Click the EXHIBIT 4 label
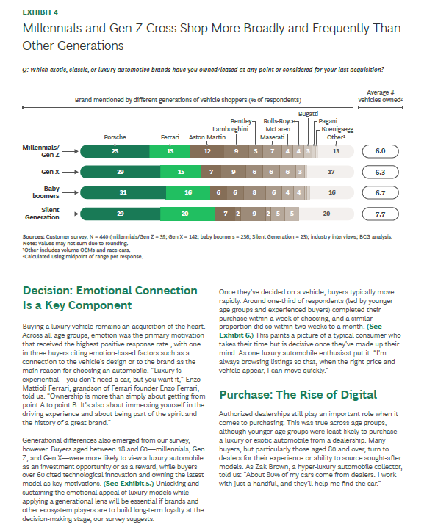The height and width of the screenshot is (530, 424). click(40, 12)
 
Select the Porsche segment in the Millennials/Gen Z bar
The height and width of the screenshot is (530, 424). click(115, 151)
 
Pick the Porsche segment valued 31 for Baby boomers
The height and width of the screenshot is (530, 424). click(123, 192)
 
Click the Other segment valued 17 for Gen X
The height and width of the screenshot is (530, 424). click(331, 172)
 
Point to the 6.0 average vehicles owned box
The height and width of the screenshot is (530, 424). click(381, 151)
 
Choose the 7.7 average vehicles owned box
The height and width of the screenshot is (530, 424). click(381, 214)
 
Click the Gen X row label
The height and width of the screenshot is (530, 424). click(50, 172)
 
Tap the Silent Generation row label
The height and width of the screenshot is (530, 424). click(42, 214)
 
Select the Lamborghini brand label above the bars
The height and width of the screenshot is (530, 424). click(231, 129)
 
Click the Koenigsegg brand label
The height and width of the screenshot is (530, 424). click(337, 129)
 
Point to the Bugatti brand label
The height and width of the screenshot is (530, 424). click(308, 114)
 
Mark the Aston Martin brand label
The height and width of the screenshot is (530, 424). click(207, 137)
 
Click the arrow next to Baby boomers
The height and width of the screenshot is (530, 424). click(71, 192)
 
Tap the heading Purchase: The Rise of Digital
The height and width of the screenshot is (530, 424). click(298, 394)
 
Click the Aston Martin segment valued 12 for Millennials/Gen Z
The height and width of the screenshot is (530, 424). click(207, 151)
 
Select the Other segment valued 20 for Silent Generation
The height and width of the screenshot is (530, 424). click(326, 214)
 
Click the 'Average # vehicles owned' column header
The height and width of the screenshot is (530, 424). click(381, 96)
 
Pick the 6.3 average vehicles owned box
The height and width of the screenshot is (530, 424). click(381, 172)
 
